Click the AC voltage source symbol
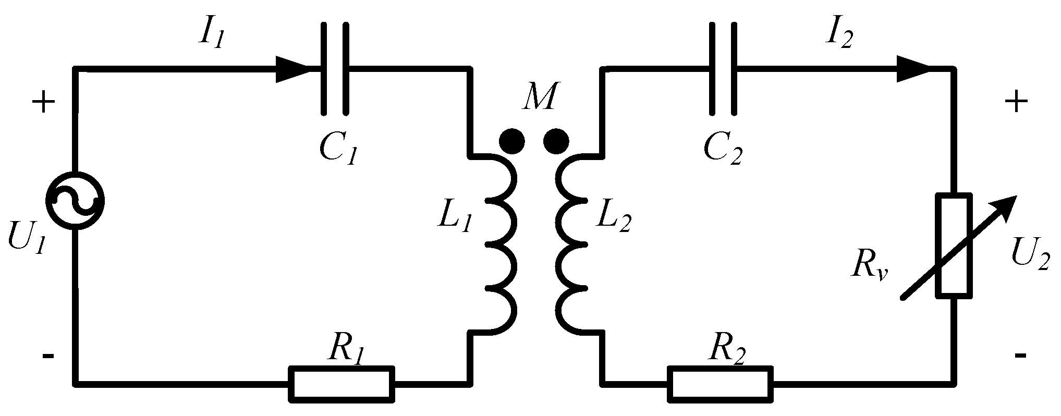[x=75, y=200]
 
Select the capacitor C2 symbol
[x=723, y=68]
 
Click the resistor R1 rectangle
[x=342, y=384]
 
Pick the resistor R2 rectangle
[x=720, y=384]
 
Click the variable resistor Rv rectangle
[x=954, y=246]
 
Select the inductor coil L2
[x=574, y=243]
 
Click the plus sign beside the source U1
[x=44, y=103]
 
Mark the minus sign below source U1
[x=47, y=356]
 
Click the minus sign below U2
[x=1020, y=356]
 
